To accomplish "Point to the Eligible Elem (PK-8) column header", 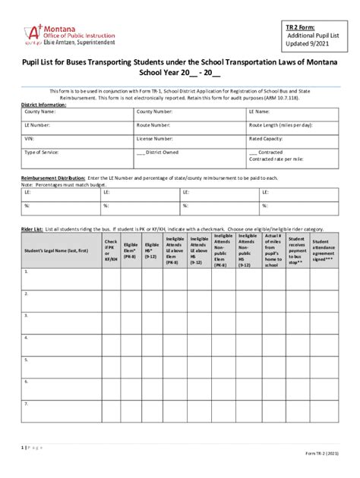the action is tap(131, 250).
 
